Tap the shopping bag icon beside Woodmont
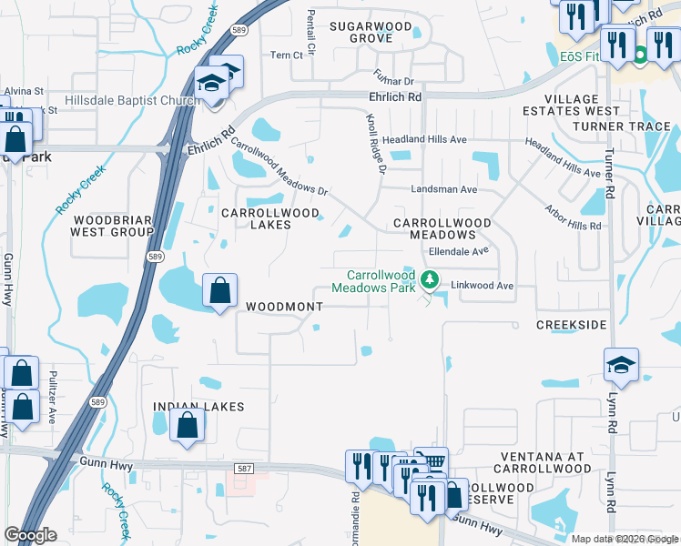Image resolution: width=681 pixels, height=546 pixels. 219,291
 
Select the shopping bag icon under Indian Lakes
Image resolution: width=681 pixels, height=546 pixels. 187,425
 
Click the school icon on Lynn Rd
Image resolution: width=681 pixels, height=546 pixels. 621,365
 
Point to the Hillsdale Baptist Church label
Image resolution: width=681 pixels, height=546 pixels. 133,100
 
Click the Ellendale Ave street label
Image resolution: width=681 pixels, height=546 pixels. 459,249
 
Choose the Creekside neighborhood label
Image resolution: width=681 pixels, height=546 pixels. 571,325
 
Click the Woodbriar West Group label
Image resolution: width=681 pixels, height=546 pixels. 112,226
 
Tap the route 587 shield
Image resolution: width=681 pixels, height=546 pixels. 243,468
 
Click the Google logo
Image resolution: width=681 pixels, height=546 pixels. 30,535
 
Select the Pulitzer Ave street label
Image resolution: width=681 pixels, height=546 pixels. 53,397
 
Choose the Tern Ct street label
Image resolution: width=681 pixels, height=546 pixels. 286,56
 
